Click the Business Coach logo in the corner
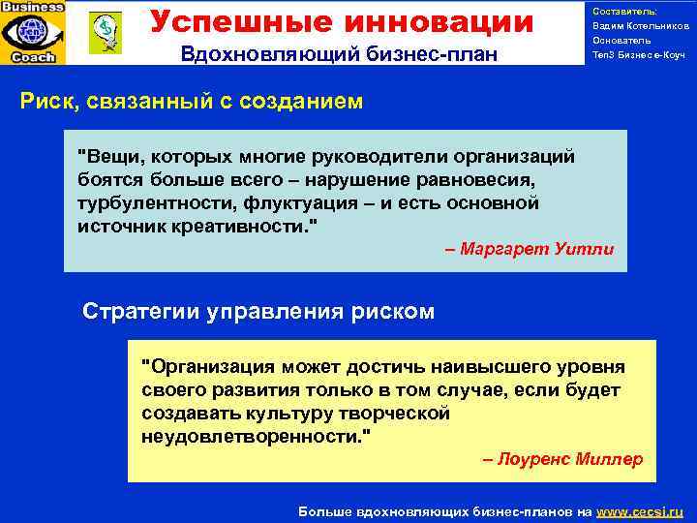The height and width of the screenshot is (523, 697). click(x=34, y=32)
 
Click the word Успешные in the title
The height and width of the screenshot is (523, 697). click(x=231, y=20)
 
